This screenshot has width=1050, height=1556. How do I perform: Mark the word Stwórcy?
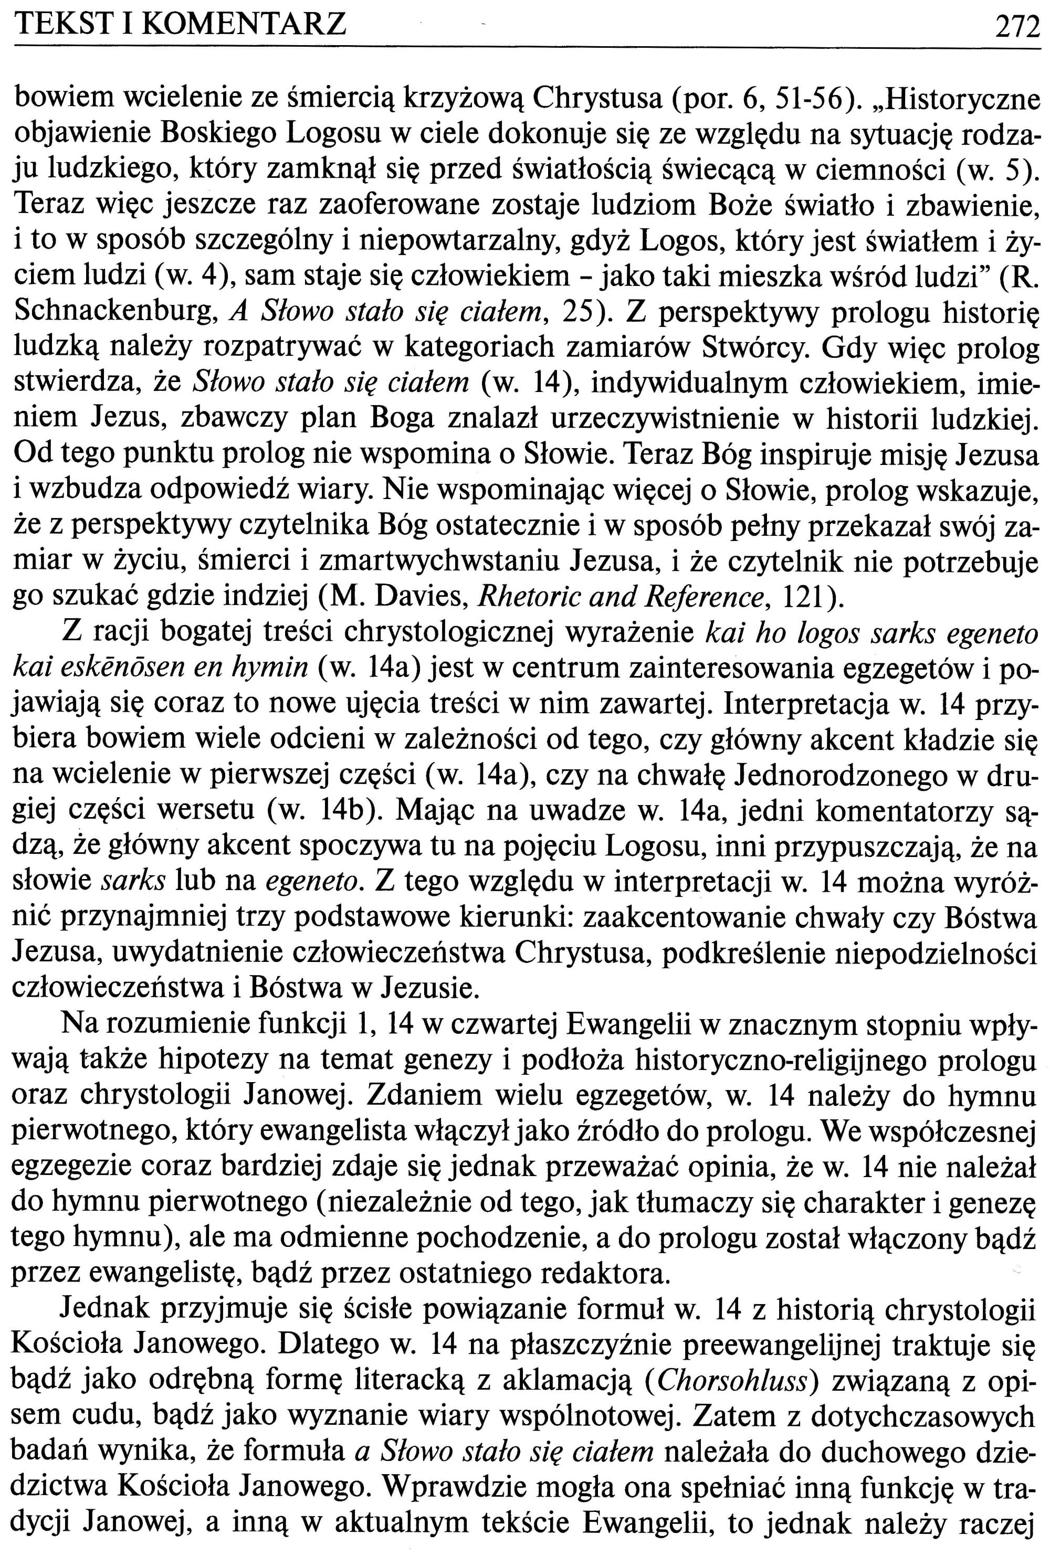[756, 347]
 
